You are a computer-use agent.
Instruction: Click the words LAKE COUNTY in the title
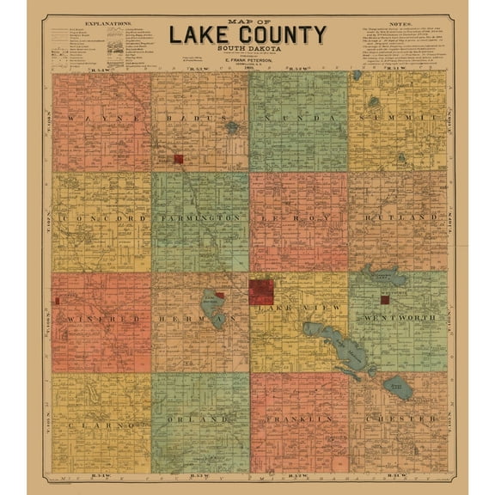tap(247, 35)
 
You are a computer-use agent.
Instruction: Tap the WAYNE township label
tap(101, 117)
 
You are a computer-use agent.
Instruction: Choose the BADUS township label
tap(199, 117)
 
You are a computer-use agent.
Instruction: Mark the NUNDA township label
tap(298, 117)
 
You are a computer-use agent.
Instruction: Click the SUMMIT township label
tap(397, 117)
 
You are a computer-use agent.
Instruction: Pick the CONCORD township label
tap(101, 219)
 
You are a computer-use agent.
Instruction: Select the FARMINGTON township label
tap(200, 219)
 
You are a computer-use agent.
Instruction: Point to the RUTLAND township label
tap(397, 219)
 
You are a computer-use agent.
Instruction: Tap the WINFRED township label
tap(101, 319)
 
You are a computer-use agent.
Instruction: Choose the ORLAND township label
tap(199, 419)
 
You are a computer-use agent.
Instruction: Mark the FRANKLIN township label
tap(298, 419)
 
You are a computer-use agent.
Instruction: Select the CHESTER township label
tap(397, 419)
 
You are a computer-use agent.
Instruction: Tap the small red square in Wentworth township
tap(385, 300)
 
